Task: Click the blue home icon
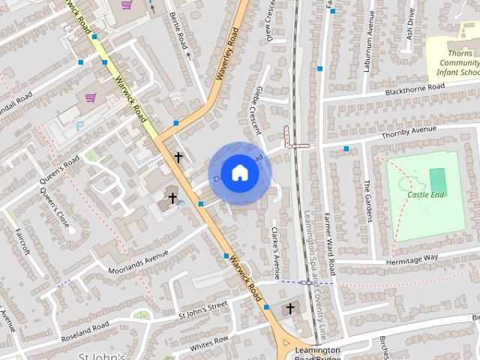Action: click(x=239, y=172)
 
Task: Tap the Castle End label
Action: click(x=426, y=195)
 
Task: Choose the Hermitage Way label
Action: click(x=411, y=258)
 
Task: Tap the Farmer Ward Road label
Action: click(x=328, y=232)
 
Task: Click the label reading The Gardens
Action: click(x=368, y=201)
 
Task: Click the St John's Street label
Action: click(x=202, y=308)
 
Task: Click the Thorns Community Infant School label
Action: click(x=455, y=64)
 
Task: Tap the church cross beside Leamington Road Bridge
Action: click(x=290, y=308)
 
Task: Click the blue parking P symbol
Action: click(x=80, y=127)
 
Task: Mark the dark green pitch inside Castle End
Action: click(x=437, y=180)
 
